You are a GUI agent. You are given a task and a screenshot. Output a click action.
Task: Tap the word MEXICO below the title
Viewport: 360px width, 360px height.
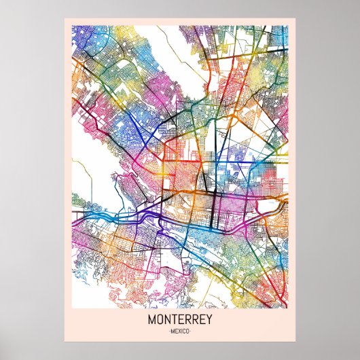click(x=180, y=331)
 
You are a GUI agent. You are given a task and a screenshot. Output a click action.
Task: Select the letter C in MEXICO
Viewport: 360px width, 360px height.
click(x=185, y=331)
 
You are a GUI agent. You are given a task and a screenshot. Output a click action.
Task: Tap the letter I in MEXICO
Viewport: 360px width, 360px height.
click(x=182, y=331)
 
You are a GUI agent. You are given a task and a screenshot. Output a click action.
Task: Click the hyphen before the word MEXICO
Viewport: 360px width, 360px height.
click(x=167, y=331)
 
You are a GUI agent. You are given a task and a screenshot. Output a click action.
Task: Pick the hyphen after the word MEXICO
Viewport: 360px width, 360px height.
click(x=193, y=331)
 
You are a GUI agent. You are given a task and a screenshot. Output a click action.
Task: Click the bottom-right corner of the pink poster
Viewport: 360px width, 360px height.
click(x=295, y=341)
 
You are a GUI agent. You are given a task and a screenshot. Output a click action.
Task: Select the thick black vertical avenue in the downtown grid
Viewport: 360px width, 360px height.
click(x=215, y=204)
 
